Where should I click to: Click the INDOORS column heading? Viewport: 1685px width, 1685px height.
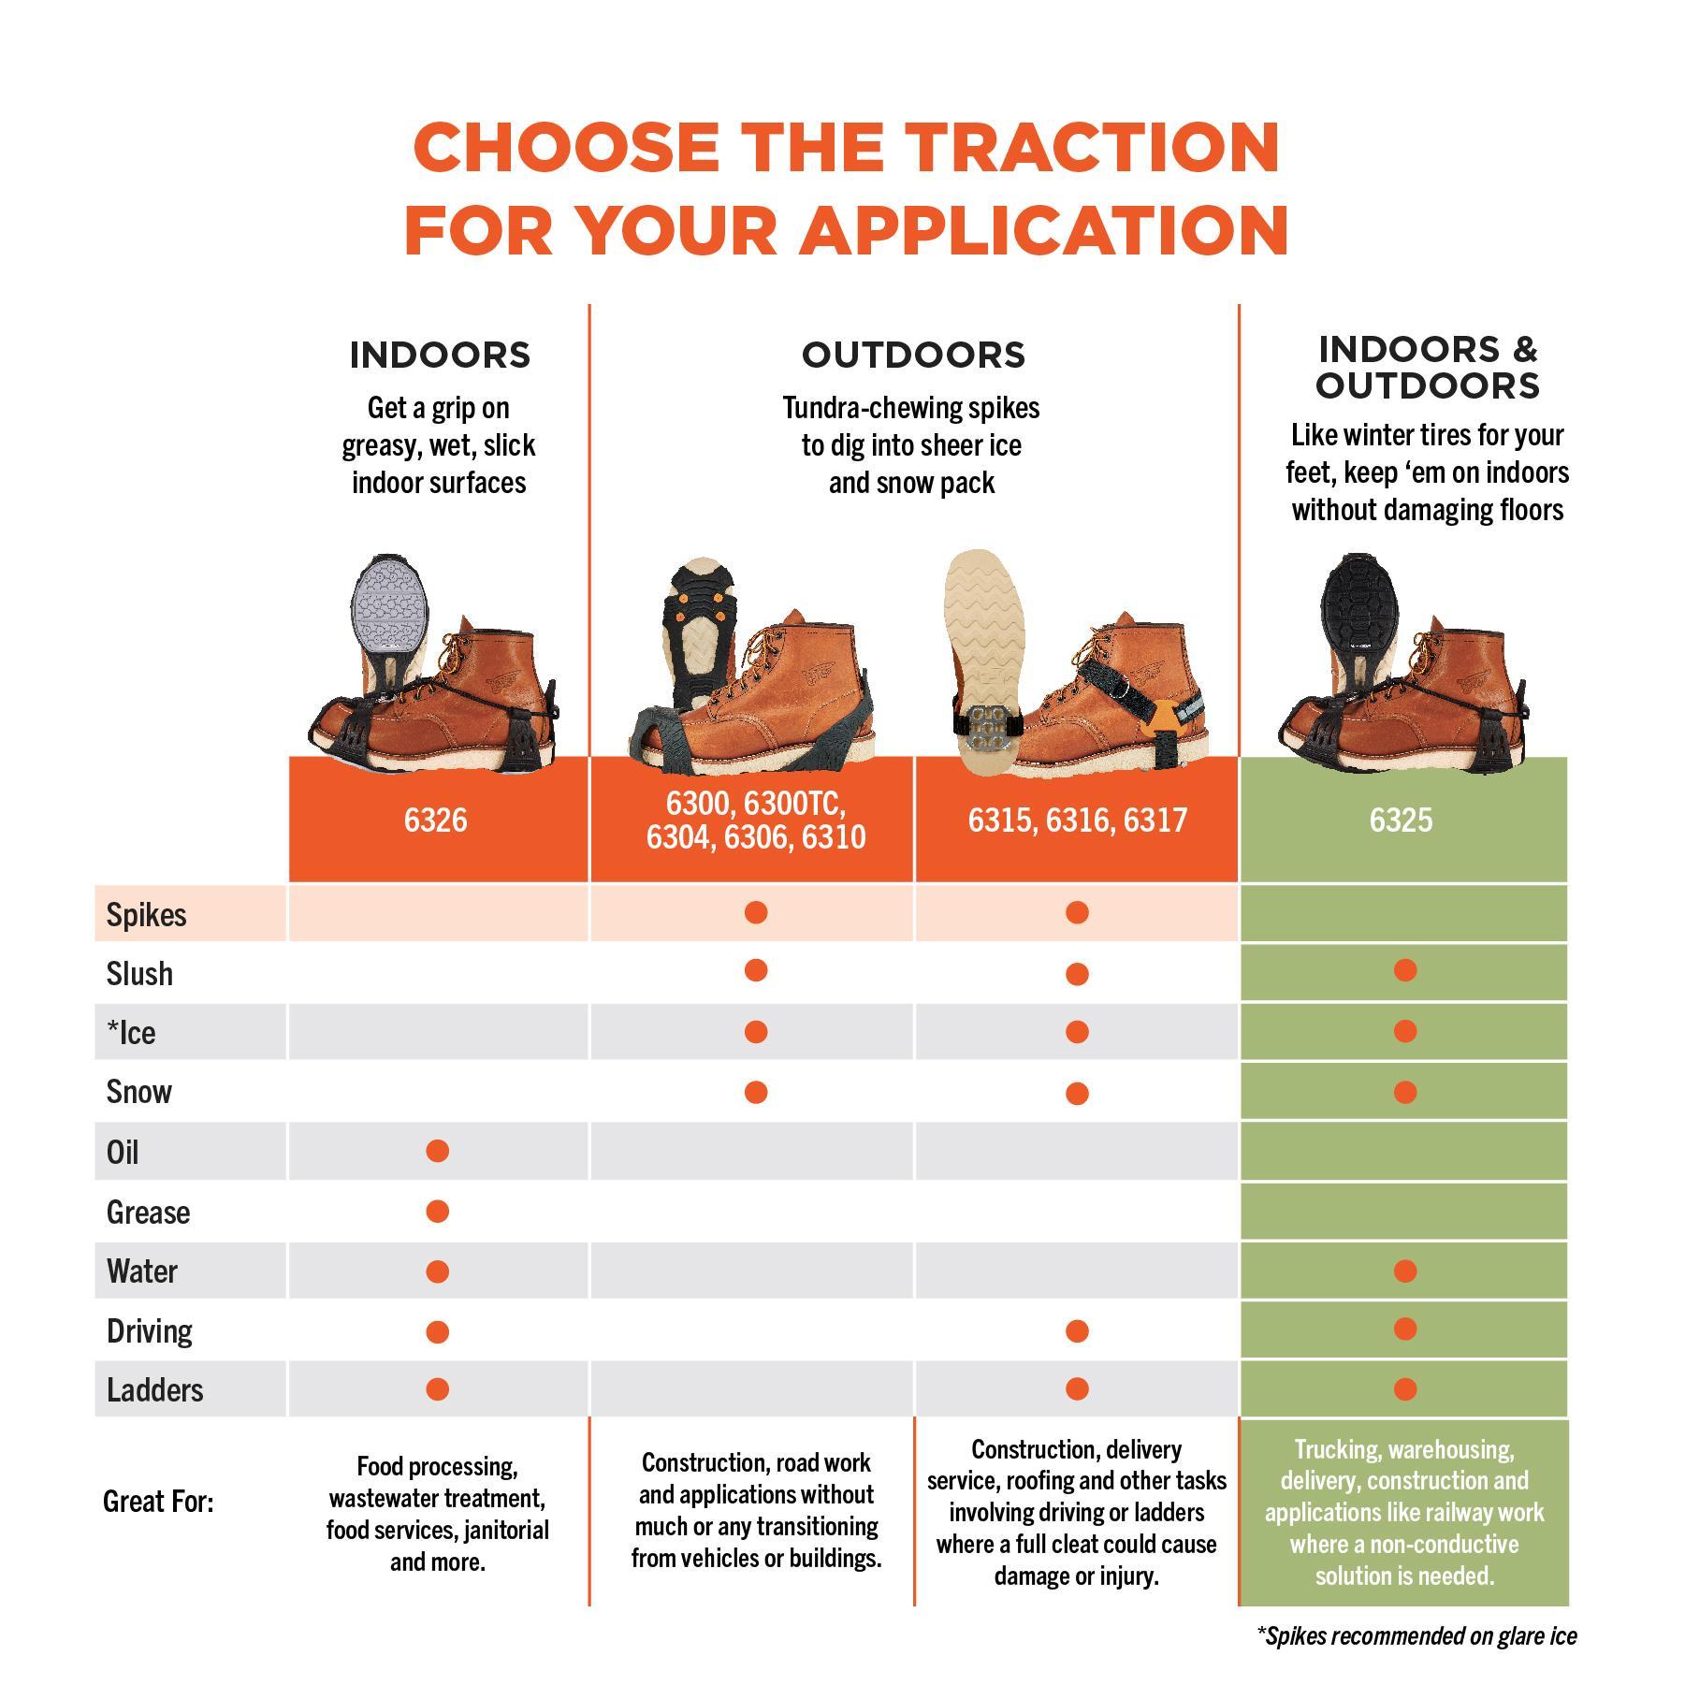tap(440, 356)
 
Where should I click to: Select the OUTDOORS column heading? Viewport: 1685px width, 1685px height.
tap(913, 356)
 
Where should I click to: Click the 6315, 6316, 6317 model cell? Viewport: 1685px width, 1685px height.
tap(1077, 820)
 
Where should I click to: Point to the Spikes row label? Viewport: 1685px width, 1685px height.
tap(146, 914)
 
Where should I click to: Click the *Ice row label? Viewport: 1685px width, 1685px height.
tap(131, 1033)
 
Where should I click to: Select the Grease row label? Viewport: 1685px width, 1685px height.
tap(148, 1213)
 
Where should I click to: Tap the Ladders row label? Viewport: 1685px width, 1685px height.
tap(154, 1390)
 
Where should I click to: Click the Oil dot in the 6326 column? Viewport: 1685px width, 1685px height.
tap(437, 1151)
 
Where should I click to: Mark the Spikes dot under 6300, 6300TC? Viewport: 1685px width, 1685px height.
tap(756, 912)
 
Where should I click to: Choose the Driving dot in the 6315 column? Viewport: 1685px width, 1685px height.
tap(1077, 1330)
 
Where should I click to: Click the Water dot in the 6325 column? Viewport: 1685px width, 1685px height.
tap(1404, 1271)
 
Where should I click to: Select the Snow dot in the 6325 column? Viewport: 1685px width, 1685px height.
tap(1404, 1092)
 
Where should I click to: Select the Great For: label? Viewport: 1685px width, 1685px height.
tap(158, 1503)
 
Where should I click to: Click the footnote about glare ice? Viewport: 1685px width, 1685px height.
tap(1416, 1635)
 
